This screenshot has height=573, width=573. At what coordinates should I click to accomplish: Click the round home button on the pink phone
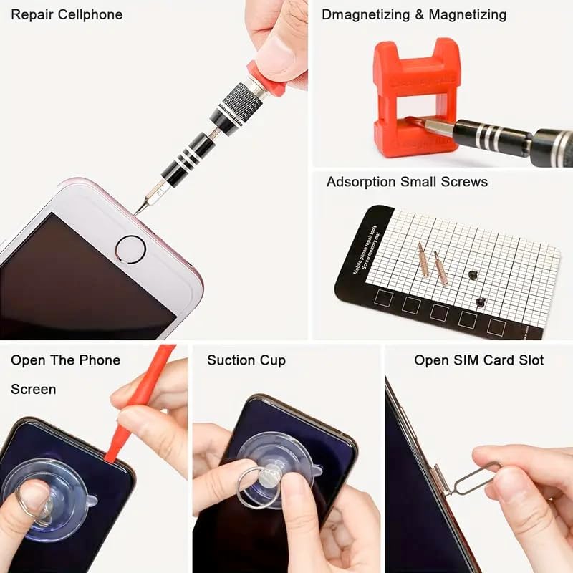[130, 249]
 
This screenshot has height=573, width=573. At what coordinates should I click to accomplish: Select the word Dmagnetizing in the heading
[362, 14]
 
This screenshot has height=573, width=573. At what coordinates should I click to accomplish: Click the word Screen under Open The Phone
[34, 389]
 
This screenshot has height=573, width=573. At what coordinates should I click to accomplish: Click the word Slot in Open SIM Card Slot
[529, 360]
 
